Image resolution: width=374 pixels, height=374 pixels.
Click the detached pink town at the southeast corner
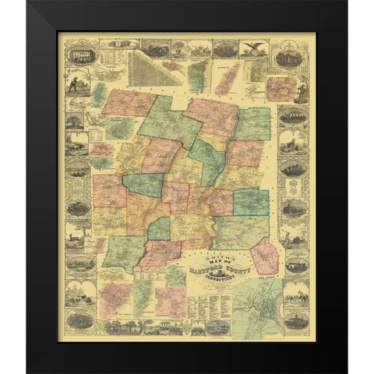pyautogui.click(x=265, y=256)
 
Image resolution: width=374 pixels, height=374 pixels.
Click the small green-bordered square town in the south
pyautogui.click(x=160, y=229)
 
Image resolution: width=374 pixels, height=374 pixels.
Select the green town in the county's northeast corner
pyautogui.click(x=253, y=124)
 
